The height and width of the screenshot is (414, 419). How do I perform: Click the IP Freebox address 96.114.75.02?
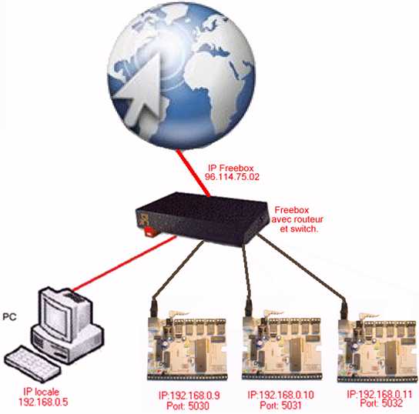coord(232,177)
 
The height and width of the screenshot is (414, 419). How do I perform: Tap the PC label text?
coord(9,317)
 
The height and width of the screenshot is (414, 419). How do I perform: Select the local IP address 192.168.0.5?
coord(43,402)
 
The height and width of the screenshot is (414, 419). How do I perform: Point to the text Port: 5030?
coord(188,406)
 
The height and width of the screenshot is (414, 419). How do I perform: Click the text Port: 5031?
coord(280,406)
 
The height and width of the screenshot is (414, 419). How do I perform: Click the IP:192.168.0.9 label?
coord(189,396)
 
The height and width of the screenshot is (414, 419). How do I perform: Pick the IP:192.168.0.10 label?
coord(280,395)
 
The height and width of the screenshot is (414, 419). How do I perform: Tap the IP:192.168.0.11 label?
coord(380,394)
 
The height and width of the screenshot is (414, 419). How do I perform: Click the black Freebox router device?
coord(202,219)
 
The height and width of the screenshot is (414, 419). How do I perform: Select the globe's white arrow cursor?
coord(139,91)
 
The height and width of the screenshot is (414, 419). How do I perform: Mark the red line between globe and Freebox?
coord(193,173)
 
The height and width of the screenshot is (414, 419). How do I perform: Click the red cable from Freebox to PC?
coord(124,263)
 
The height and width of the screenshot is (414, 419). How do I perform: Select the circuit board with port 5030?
coord(187,346)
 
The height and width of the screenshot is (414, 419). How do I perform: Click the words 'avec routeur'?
coord(297,219)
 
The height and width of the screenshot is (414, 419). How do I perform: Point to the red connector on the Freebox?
coord(150,232)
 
